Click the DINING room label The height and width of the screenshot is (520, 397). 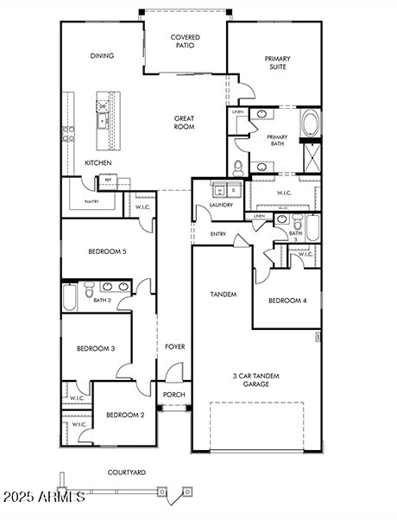pyautogui.click(x=102, y=56)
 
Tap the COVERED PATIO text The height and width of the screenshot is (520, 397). pyautogui.click(x=185, y=41)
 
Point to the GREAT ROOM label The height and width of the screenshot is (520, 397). pyautogui.click(x=184, y=123)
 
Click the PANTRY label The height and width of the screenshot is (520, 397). pyautogui.click(x=91, y=201)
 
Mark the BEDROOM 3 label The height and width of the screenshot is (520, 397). pyautogui.click(x=96, y=348)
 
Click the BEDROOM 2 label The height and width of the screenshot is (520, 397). pyautogui.click(x=125, y=415)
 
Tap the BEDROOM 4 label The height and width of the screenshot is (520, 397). pyautogui.click(x=287, y=301)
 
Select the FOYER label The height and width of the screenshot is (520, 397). pyautogui.click(x=175, y=346)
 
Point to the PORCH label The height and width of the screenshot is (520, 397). pyautogui.click(x=174, y=395)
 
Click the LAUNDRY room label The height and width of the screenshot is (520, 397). pyautogui.click(x=210, y=206)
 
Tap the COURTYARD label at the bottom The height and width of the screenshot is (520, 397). pyautogui.click(x=126, y=472)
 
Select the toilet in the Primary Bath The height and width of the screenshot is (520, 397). pyautogui.click(x=238, y=167)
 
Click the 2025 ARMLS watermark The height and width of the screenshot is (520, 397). pyautogui.click(x=43, y=497)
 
